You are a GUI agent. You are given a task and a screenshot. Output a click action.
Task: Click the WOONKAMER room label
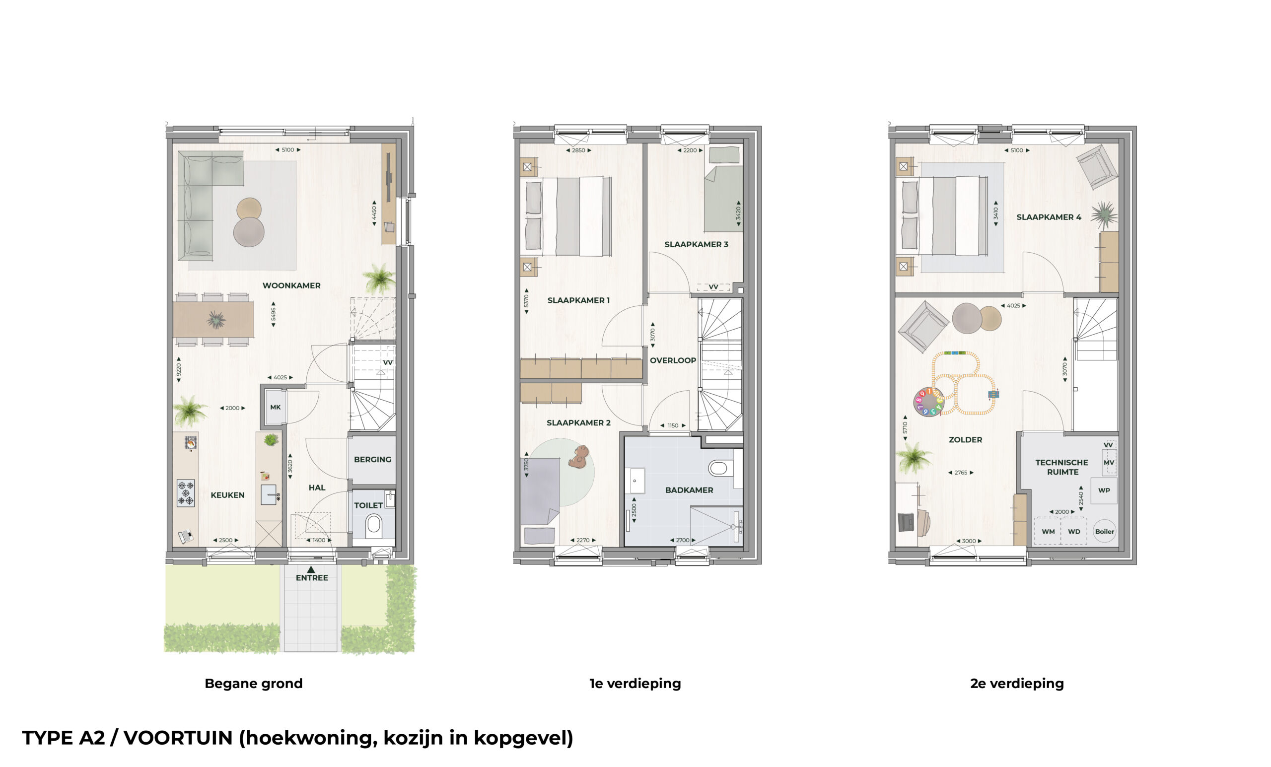click(291, 286)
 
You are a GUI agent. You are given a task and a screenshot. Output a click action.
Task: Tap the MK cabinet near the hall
click(276, 407)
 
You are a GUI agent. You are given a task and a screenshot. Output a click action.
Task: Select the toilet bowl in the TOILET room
click(373, 527)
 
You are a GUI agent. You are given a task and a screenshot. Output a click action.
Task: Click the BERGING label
click(372, 460)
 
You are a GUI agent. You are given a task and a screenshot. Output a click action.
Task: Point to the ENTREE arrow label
click(312, 574)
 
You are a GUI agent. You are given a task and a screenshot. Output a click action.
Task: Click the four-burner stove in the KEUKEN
click(186, 493)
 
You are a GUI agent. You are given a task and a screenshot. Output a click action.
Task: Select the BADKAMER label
click(689, 490)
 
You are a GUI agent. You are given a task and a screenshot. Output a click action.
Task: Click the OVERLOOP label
click(673, 360)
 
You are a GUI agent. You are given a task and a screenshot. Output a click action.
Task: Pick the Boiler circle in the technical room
click(1104, 531)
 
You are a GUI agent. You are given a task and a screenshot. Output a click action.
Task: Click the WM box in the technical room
click(1048, 531)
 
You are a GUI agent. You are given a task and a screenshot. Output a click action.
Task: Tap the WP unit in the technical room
click(1104, 490)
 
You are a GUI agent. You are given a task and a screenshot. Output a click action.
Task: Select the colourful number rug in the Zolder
click(928, 402)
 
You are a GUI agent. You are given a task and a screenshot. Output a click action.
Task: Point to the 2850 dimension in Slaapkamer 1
click(578, 150)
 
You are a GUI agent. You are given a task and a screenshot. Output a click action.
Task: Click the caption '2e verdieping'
click(1017, 684)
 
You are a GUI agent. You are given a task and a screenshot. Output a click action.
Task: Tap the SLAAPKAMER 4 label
click(1049, 217)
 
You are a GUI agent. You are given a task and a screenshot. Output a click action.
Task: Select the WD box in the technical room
click(1074, 531)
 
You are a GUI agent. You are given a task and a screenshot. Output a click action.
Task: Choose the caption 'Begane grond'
click(253, 684)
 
